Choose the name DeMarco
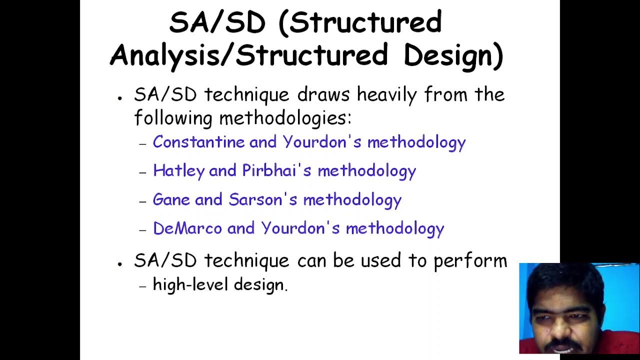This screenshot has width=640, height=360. (187, 228)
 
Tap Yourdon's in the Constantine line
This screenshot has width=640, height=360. (322, 142)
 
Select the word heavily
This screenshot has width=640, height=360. (386, 95)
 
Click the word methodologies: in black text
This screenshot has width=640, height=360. (285, 118)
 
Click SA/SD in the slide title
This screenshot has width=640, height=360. (217, 23)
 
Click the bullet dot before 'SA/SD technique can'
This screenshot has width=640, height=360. (120, 263)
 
